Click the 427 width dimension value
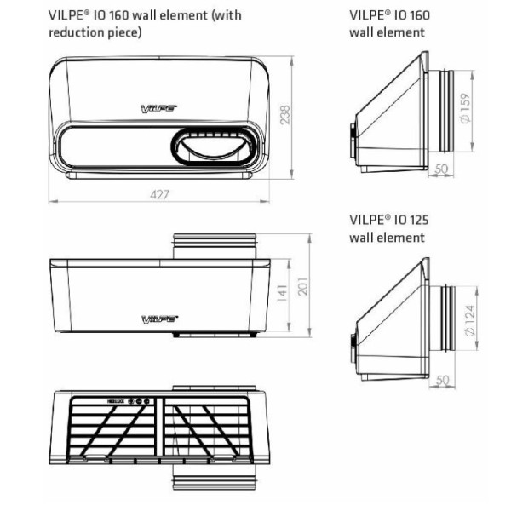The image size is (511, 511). pyautogui.click(x=160, y=195)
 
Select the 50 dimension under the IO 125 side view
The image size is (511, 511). pyautogui.click(x=441, y=378)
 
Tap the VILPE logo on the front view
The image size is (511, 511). pyautogui.click(x=158, y=107)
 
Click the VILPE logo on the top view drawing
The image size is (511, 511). pyautogui.click(x=159, y=319)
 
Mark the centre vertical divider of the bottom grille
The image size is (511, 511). pyautogui.click(x=160, y=426)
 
